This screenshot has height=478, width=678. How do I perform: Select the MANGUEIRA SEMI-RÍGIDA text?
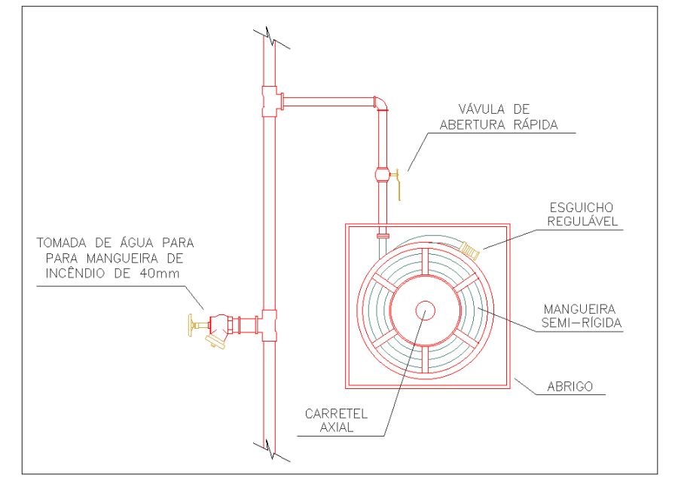[580, 316]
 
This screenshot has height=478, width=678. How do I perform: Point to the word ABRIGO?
[570, 387]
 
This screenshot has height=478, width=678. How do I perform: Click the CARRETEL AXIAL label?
[335, 420]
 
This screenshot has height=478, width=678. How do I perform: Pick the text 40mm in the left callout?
[160, 273]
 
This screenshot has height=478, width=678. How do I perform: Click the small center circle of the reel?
[425, 311]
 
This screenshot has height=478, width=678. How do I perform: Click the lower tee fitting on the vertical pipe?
[269, 325]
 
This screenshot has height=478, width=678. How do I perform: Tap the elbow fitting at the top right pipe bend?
[381, 102]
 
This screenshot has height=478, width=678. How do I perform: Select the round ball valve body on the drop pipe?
[382, 176]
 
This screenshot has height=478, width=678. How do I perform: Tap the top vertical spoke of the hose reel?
[425, 261]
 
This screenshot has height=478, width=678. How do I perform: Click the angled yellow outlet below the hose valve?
[217, 342]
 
